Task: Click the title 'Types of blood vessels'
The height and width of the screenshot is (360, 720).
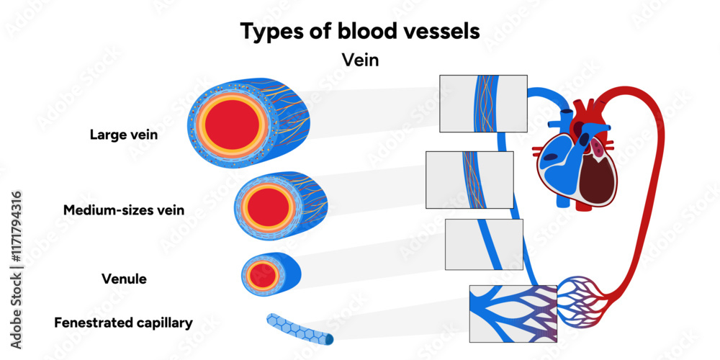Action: (359, 32)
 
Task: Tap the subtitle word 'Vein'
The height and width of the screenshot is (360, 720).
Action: (359, 60)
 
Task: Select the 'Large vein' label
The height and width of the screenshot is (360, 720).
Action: (124, 134)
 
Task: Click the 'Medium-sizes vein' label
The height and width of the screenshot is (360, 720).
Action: (124, 210)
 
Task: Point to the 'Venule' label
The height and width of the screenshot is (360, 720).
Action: (124, 279)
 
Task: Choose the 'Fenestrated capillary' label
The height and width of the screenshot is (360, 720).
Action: (124, 323)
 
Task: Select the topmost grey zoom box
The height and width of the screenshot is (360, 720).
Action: (483, 104)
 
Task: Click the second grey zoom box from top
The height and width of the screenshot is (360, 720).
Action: (469, 179)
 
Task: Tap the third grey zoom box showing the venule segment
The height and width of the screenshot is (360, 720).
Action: (484, 244)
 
